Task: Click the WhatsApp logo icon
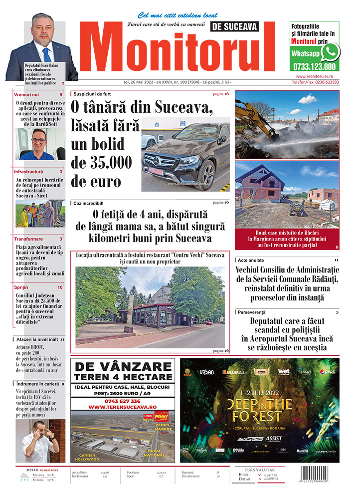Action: click(330, 52)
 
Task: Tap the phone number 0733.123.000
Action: click(314, 66)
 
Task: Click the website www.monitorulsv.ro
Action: click(314, 76)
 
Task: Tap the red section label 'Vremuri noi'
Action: click(27, 94)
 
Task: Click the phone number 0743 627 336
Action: click(123, 401)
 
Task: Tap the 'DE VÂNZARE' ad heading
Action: click(123, 367)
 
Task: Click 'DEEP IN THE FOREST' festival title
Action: click(259, 410)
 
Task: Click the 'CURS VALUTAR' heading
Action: click(263, 470)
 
